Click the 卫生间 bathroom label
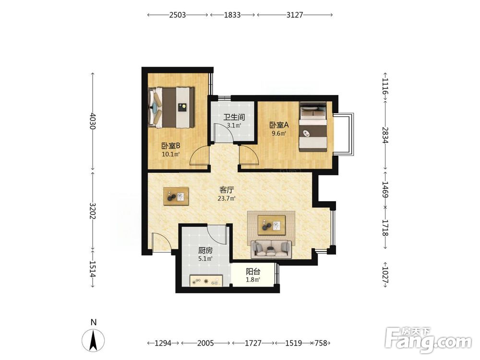pyautogui.click(x=234, y=117)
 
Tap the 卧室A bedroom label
pyautogui.click(x=279, y=125)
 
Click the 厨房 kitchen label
pyautogui.click(x=205, y=251)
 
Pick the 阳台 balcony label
pyautogui.click(x=253, y=272)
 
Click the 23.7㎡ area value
pyautogui.click(x=227, y=198)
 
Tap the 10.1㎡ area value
pyautogui.click(x=170, y=154)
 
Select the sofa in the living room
pyautogui.click(x=271, y=249)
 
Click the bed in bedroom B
pyautogui.click(x=171, y=108)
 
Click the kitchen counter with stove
pyautogui.click(x=206, y=281)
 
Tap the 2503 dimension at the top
pyautogui.click(x=178, y=15)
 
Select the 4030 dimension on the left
pyautogui.click(x=93, y=121)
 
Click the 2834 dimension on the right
pyautogui.click(x=385, y=135)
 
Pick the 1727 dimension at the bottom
pyautogui.click(x=253, y=343)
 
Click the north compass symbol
pyautogui.click(x=93, y=339)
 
